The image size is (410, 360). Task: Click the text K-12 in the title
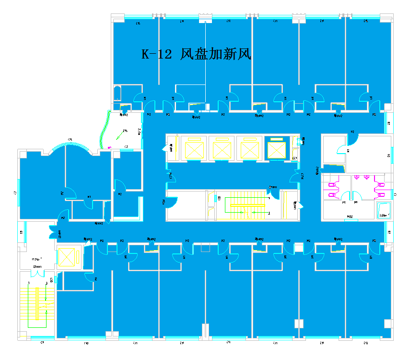pyautogui.click(x=156, y=54)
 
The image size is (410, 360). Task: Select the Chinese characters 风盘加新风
pyautogui.click(x=216, y=54)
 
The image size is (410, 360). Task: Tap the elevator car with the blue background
pyautogui.click(x=275, y=149)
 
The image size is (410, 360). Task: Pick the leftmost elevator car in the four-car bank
pyautogui.click(x=193, y=149)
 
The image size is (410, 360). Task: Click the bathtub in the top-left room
pyautogui.click(x=117, y=93)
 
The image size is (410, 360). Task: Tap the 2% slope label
pyautogui.click(x=125, y=131)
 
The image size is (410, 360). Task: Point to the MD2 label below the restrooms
pyautogui.click(x=350, y=217)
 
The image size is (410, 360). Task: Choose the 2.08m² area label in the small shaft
pyautogui.click(x=383, y=216)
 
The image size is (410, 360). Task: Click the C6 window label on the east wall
pyautogui.click(x=388, y=155)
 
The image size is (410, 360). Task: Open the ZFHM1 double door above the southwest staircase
pyautogui.click(x=37, y=273)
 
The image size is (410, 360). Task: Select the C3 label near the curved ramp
pyautogui.click(x=126, y=146)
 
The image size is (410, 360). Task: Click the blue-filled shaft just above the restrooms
pyautogui.click(x=333, y=168)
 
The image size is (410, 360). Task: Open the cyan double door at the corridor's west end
pyautogui.click(x=53, y=232)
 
